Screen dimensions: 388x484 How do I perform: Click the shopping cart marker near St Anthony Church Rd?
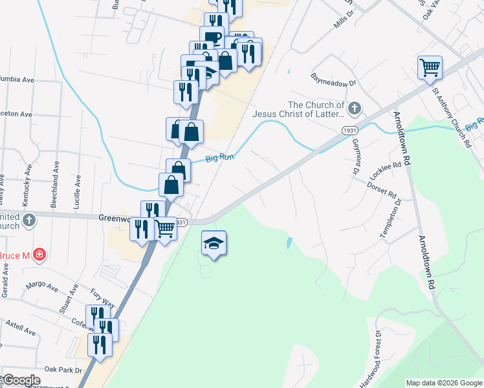(x=430, y=67)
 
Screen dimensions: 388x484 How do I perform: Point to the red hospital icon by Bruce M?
(x=39, y=255)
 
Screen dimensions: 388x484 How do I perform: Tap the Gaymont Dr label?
(x=356, y=158)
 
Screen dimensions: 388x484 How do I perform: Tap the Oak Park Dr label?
(x=63, y=370)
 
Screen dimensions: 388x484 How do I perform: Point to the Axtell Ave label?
(x=21, y=327)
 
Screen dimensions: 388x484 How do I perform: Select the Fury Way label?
(x=102, y=298)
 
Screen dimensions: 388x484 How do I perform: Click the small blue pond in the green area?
(x=288, y=243)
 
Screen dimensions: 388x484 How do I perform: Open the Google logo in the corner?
(x=21, y=380)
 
